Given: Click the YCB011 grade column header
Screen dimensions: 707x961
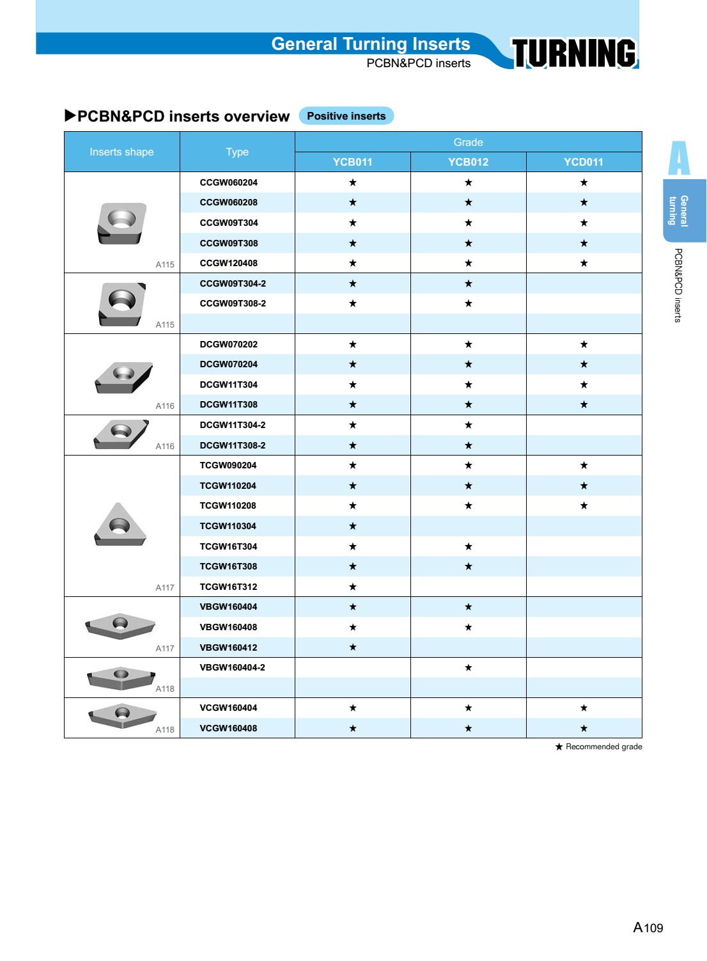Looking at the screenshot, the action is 352,162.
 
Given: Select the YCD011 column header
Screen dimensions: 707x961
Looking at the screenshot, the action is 583,162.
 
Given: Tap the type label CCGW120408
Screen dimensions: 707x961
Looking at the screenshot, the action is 228,263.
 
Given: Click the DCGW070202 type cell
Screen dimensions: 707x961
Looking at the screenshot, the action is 228,344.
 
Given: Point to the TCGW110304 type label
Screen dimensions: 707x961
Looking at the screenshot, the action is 228,526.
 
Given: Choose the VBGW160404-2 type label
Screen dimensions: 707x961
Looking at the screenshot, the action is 232,667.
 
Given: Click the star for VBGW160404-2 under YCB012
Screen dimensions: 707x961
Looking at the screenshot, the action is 468,667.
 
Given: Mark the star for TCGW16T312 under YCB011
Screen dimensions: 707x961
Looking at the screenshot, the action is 352,587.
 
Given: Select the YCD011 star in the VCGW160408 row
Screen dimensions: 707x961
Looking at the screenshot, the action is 584,728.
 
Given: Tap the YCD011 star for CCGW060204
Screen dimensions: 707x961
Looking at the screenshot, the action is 584,182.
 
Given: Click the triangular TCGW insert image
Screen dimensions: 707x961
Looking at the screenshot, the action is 120,525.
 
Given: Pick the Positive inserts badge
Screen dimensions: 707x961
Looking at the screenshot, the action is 346,116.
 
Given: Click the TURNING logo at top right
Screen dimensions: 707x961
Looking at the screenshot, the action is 573,52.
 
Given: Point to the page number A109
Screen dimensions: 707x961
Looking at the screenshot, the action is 648,927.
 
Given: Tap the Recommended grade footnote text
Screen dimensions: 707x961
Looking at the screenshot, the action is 603,747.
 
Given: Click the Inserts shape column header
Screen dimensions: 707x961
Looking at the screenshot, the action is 121,152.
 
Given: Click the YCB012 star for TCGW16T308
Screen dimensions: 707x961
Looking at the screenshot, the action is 468,566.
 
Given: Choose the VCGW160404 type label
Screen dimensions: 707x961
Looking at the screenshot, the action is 228,708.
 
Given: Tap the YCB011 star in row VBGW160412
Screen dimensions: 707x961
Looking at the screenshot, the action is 352,647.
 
